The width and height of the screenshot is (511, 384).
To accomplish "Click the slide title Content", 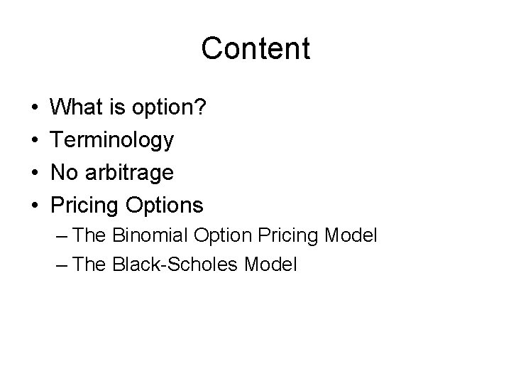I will tap(255, 49).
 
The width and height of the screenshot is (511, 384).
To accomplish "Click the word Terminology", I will tap(112, 141).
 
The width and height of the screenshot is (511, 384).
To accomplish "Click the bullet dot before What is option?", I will tap(35, 109).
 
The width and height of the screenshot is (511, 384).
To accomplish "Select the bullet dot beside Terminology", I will tap(35, 141).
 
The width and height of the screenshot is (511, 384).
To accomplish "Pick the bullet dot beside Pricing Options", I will tap(35, 206).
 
